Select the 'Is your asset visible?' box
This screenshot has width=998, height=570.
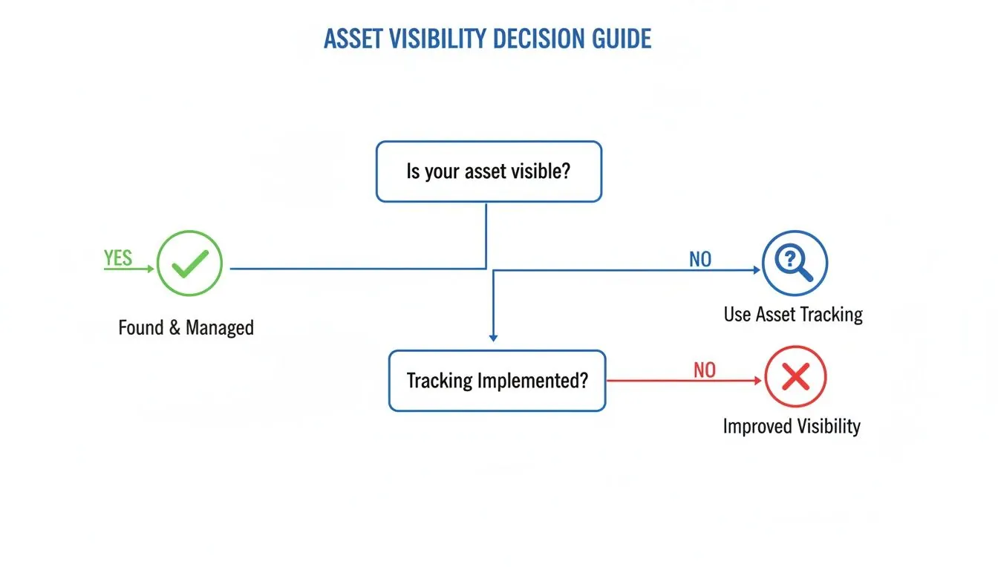(489, 172)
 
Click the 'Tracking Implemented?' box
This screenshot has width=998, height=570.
(497, 381)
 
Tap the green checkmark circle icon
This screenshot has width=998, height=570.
(189, 263)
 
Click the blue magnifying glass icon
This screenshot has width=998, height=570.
(795, 263)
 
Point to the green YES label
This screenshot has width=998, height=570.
(118, 258)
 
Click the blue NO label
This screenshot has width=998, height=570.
(699, 259)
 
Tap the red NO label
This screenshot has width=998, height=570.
(704, 370)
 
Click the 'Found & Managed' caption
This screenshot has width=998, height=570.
(186, 327)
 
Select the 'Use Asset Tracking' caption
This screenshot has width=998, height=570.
(793, 315)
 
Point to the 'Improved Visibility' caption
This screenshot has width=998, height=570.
(792, 427)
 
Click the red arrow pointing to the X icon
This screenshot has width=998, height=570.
(683, 381)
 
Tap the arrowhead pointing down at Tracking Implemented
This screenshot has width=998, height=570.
(493, 338)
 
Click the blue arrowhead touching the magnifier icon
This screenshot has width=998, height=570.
(757, 270)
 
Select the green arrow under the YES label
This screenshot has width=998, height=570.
(130, 269)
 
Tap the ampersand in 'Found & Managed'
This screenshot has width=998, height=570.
(175, 328)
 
